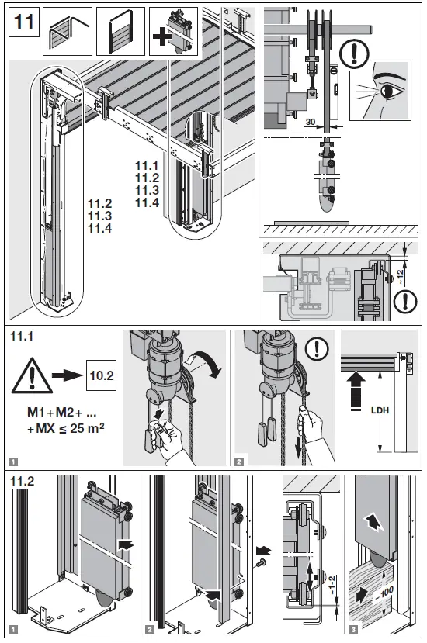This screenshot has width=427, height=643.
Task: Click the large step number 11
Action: click(x=23, y=23)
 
